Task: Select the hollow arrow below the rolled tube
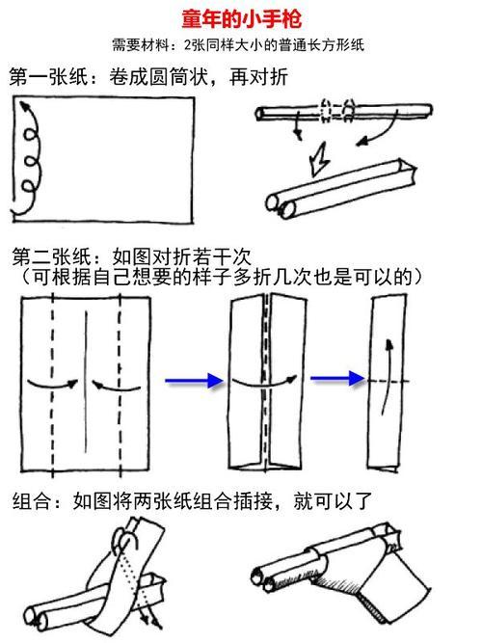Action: pos(320,153)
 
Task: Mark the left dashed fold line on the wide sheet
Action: pos(52,381)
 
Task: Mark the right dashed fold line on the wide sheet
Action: pos(120,381)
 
